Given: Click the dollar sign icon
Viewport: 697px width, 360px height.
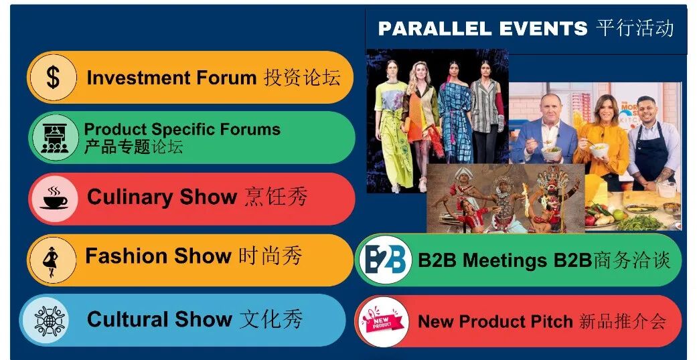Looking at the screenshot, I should [x=52, y=78].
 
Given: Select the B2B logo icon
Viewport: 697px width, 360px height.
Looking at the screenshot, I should [x=385, y=260].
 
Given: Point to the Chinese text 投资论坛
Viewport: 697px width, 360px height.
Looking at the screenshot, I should [x=302, y=78].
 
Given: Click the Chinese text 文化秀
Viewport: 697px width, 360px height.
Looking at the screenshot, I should [x=270, y=319].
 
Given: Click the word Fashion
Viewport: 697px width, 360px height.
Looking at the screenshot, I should [x=126, y=256].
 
